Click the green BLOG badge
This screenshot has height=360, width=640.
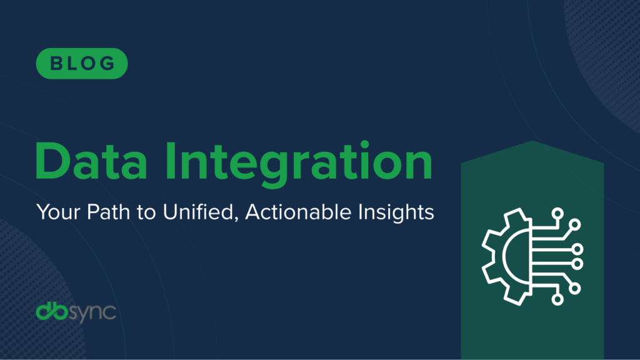tap(82, 63)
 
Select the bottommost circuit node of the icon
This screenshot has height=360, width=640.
tap(557, 299)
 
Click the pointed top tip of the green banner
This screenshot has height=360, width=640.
tap(532, 142)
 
